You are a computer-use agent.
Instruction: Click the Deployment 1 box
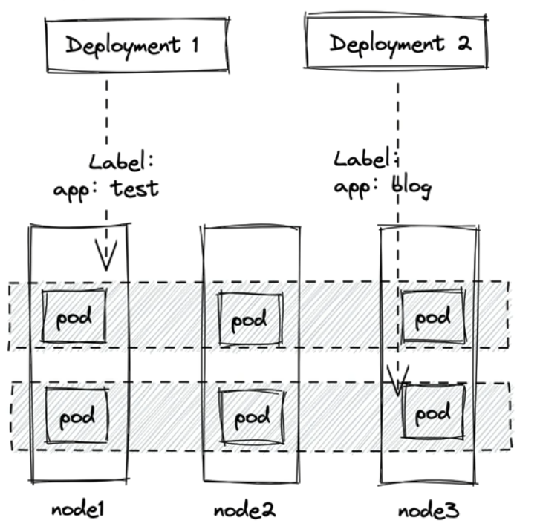[x=134, y=46]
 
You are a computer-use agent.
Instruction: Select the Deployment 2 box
[x=398, y=43]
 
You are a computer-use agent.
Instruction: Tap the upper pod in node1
[x=74, y=317]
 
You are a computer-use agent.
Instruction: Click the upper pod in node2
[x=250, y=320]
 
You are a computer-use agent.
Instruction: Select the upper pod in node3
[x=432, y=318]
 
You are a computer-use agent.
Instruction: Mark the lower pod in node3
[x=433, y=412]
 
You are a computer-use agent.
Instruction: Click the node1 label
[x=78, y=510]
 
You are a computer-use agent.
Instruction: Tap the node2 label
[x=244, y=510]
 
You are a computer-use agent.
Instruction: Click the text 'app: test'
[x=105, y=188]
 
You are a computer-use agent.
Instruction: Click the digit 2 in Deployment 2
[x=463, y=43]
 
